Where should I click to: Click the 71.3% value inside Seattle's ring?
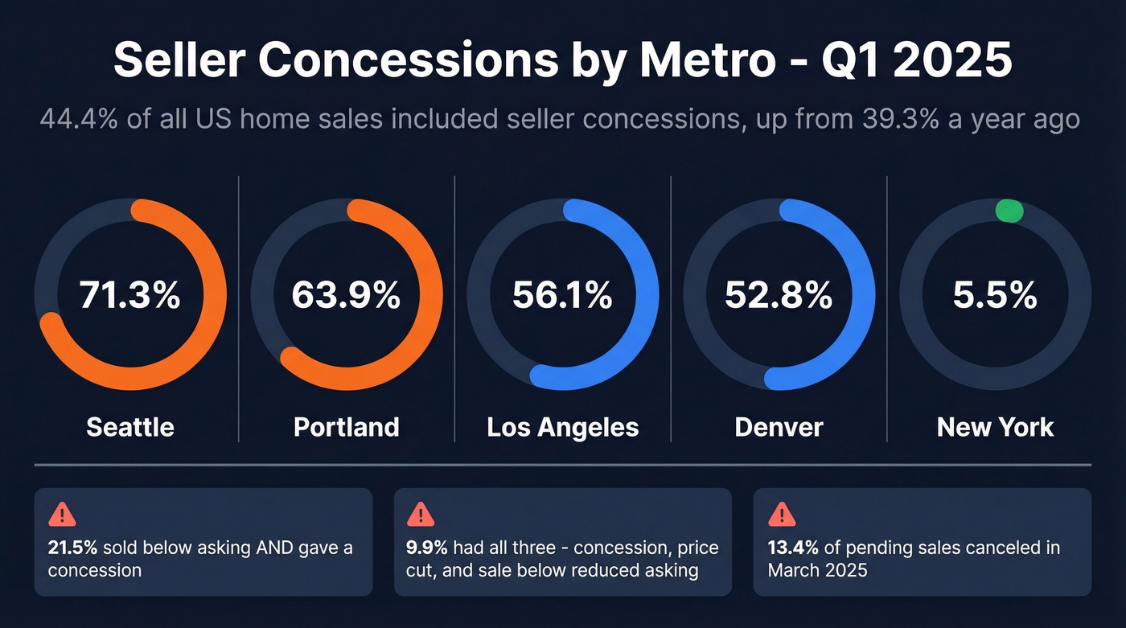point(129,296)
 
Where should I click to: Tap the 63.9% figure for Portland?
point(346,296)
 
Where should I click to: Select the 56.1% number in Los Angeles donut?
point(562,296)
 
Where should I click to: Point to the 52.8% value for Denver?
point(779,296)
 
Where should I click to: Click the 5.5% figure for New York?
point(995,296)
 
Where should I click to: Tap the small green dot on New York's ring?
point(1009,211)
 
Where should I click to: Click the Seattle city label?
point(129,426)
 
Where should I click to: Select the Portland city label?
point(346,426)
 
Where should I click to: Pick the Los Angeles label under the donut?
point(562,427)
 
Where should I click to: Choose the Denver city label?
point(779,426)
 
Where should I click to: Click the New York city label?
point(995,426)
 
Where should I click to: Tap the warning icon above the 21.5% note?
point(63,514)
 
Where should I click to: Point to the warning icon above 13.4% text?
point(781,514)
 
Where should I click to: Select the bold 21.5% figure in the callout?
point(72,548)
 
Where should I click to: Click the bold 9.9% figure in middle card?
point(427,548)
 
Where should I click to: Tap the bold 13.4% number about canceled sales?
point(792,548)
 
